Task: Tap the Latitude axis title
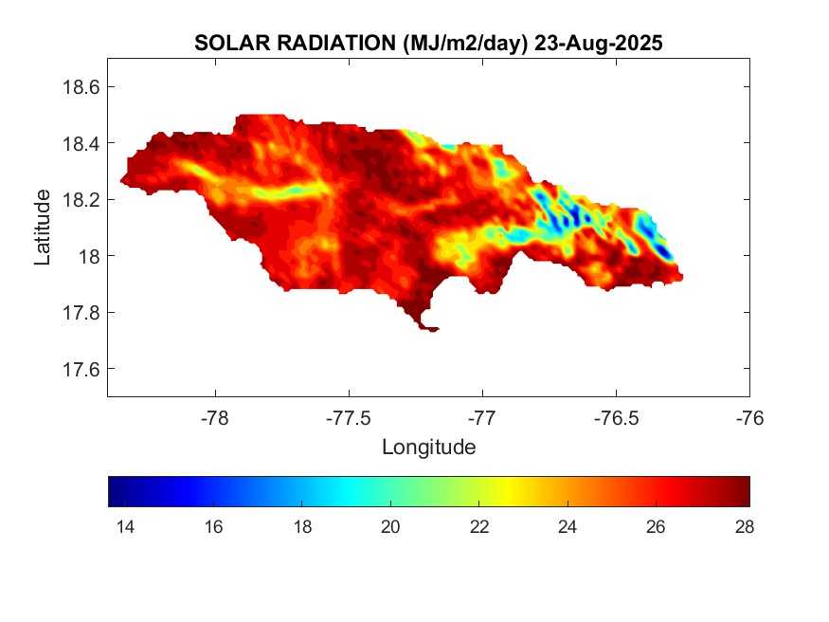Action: [43, 227]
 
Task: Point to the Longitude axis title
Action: [428, 447]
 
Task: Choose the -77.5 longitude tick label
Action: [349, 417]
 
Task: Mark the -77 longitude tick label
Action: [482, 417]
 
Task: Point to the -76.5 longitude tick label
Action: [616, 417]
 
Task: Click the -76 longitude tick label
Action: [749, 417]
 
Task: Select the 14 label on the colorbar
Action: [123, 527]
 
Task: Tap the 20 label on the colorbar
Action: [389, 527]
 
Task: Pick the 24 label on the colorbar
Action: [568, 527]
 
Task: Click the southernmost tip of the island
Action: [431, 330]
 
